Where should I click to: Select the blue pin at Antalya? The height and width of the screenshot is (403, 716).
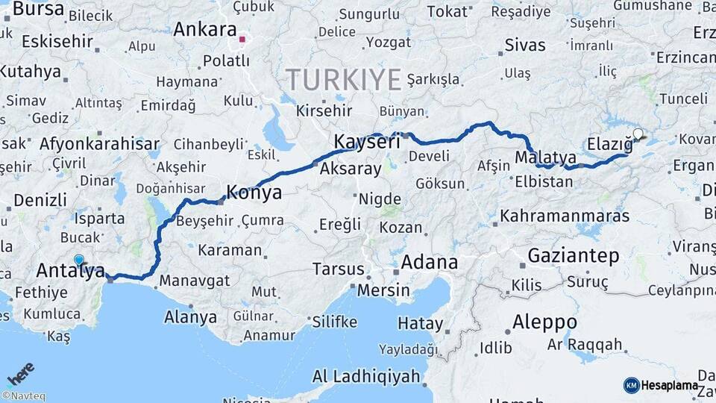point(79,260)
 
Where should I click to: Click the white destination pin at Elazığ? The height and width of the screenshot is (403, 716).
point(638,135)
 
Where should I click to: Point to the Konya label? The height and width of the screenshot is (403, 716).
point(254,193)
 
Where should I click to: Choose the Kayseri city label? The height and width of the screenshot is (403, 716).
point(362,142)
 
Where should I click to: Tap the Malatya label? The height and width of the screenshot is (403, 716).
point(545,157)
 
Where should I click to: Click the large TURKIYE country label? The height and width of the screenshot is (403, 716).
point(344,79)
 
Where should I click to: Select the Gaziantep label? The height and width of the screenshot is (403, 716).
point(573,256)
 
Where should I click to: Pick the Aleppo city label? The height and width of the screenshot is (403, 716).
point(544,322)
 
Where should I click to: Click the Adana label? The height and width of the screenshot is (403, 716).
point(429,262)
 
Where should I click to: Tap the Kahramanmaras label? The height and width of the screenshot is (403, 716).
point(565,216)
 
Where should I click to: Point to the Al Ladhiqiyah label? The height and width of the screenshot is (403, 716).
point(366,376)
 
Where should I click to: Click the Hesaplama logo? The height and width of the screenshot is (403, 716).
point(661,386)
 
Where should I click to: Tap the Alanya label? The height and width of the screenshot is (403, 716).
point(190,317)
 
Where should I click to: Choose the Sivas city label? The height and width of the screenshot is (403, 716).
point(525,45)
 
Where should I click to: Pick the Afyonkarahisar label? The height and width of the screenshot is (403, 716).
point(99,144)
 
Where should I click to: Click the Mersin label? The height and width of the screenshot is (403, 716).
point(383,290)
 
